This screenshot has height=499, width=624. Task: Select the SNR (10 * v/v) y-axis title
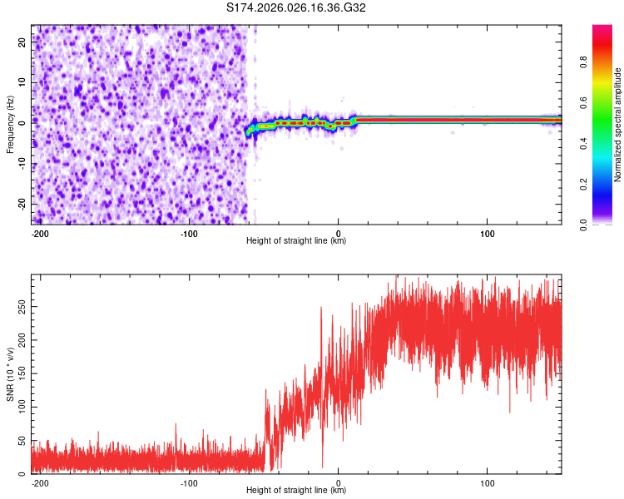click(x=10, y=374)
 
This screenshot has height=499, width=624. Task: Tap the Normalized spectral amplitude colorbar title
click(x=618, y=125)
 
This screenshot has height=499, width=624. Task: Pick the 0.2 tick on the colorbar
click(x=582, y=184)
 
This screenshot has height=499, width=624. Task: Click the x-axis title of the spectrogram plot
click(x=296, y=241)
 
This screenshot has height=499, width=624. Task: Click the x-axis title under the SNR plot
click(x=296, y=491)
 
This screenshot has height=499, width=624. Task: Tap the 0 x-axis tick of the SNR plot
click(x=338, y=482)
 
